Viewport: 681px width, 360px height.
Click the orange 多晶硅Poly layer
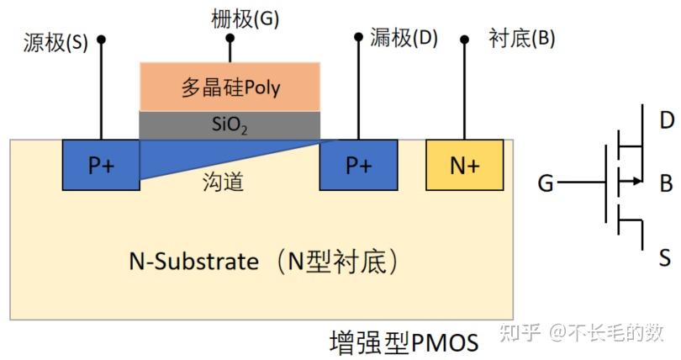coord(230,86)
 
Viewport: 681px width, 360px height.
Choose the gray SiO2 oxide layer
coord(230,125)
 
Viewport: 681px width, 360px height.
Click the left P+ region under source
coord(101,165)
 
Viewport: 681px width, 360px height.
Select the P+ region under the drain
coord(358,165)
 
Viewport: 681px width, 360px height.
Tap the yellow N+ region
coord(465,165)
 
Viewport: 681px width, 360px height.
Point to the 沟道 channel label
coord(224,182)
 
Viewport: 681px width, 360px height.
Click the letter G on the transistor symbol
coord(546,182)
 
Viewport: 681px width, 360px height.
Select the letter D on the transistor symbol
coord(666,120)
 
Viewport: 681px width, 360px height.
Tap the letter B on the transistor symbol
coord(666,181)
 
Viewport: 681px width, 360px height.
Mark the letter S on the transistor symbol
coord(666,257)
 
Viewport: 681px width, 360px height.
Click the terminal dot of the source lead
coord(102,39)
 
